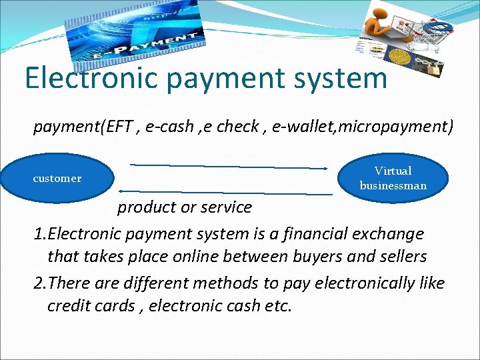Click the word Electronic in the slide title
tap(91, 77)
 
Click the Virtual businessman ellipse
tap(393, 178)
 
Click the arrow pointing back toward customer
tap(227, 192)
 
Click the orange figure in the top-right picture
tap(383, 20)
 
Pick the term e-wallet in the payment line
tap(302, 126)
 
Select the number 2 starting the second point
tap(38, 283)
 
